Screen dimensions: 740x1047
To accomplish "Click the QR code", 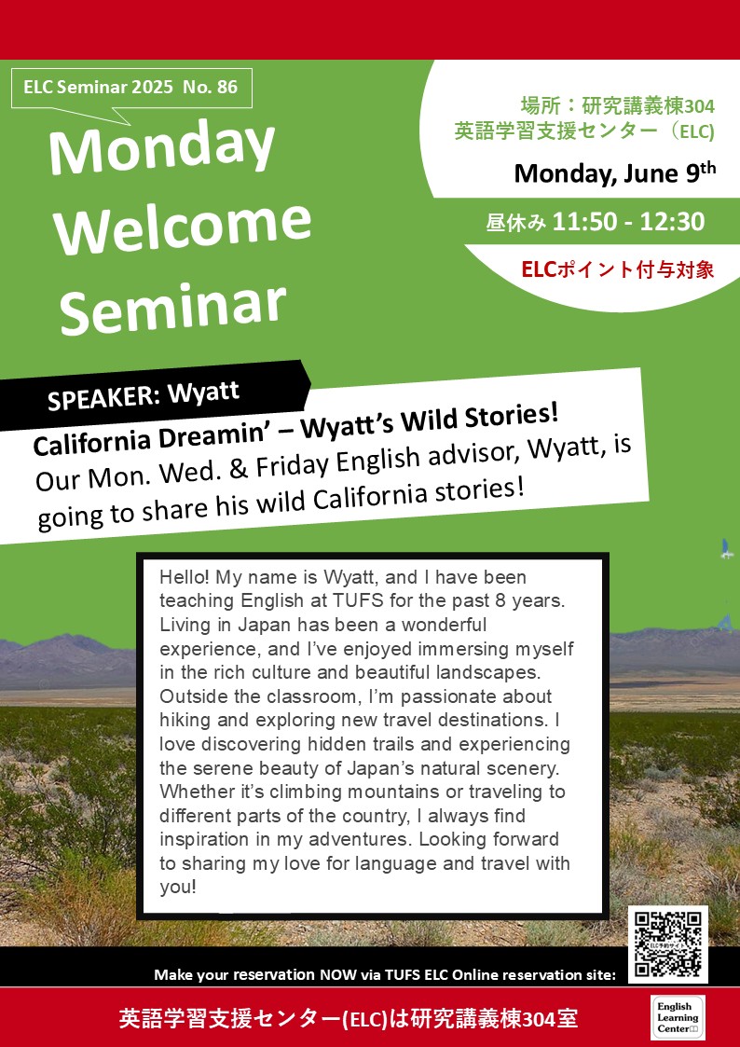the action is pos(667,944).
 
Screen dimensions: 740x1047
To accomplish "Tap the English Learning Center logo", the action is pos(678,1017).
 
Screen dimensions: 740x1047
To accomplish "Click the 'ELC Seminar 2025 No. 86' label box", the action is pos(131,88).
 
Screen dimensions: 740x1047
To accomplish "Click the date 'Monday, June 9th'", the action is pos(614,172).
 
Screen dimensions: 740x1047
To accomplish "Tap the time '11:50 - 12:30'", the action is pos(628,222).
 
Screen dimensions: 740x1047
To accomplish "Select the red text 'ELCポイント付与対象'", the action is pos(617,269).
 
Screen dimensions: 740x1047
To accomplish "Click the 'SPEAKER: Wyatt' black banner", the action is pos(154,394).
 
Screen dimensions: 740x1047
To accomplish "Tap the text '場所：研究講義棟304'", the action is pos(617,105).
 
